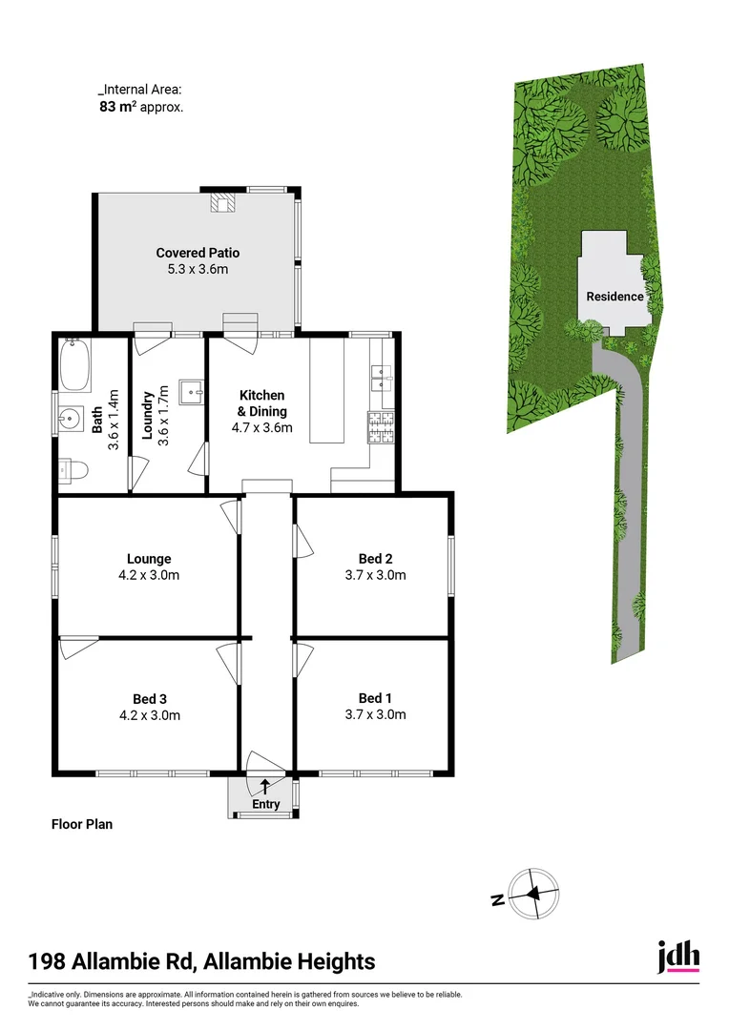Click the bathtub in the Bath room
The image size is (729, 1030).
pos(74,366)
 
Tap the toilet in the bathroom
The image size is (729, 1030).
pos(73,468)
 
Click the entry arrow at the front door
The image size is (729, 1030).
pos(264,786)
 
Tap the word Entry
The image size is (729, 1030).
pos(266,804)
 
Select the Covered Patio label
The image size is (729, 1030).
pos(198,253)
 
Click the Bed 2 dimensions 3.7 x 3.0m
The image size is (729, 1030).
pos(375,575)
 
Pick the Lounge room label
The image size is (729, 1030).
pos(149,559)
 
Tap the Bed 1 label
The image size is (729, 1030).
pos(375,698)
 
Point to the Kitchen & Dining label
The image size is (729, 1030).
pos(261,402)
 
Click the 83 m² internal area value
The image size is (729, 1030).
pos(117,107)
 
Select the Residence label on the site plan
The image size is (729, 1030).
pos(614,296)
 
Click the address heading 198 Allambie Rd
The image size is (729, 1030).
pos(201,961)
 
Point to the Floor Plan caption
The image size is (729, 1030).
pos(81,824)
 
